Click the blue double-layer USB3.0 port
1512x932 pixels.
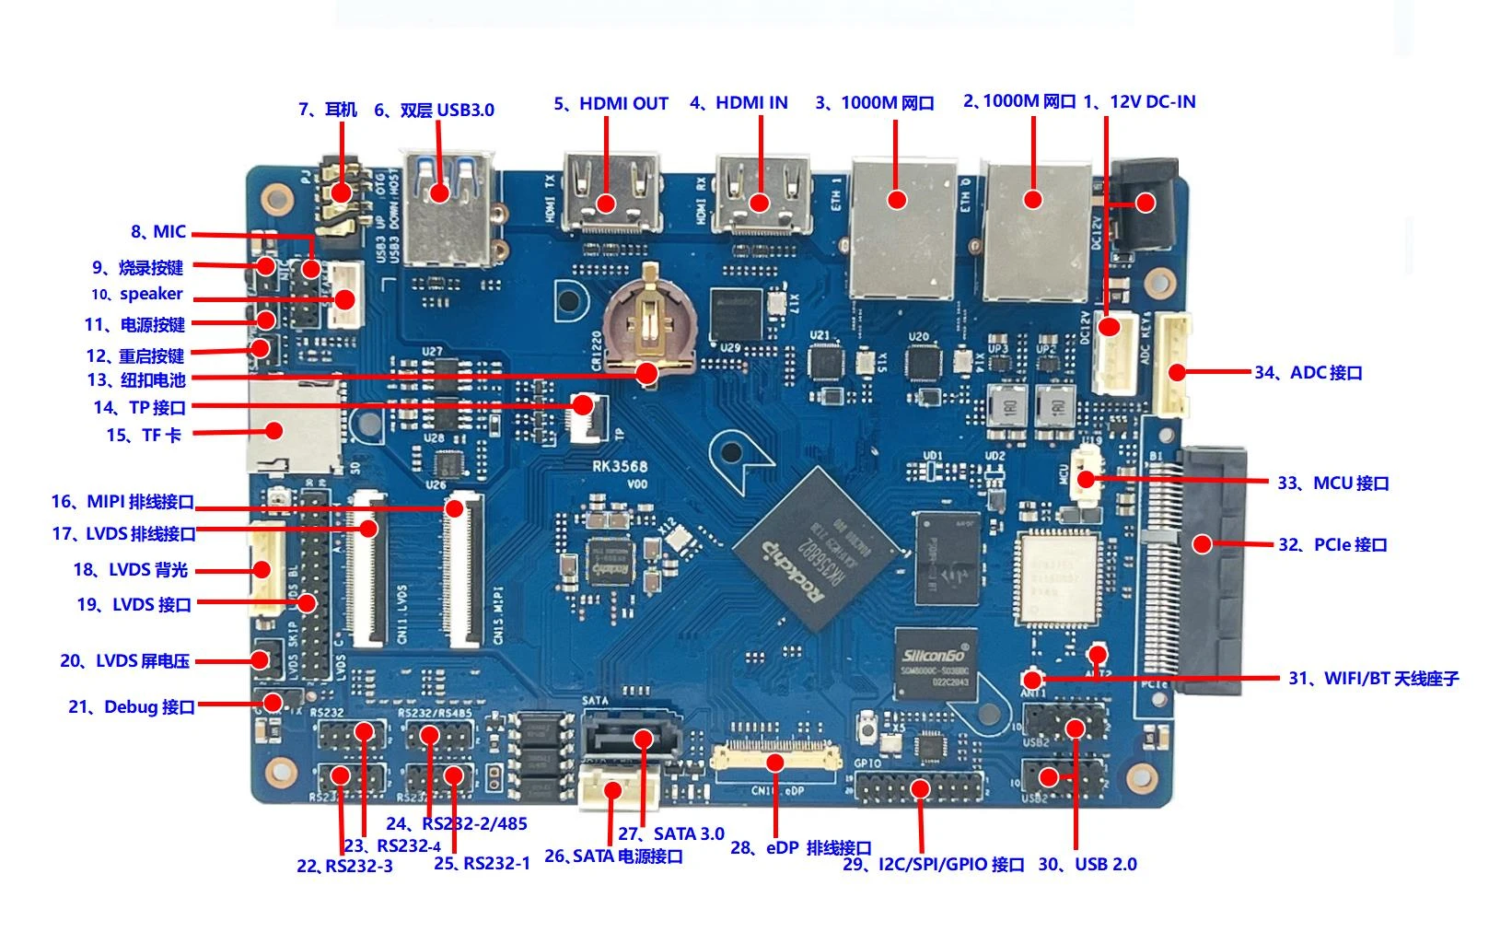[448, 212]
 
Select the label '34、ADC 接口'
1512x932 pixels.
[1308, 373]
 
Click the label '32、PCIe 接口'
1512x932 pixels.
[1332, 545]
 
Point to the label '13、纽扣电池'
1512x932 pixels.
[136, 380]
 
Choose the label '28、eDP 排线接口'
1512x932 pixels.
[800, 847]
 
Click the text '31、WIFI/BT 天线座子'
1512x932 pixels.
[1373, 679]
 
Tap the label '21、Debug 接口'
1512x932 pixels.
[132, 707]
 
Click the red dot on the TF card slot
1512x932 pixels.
[273, 429]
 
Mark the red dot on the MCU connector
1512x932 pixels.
[1087, 479]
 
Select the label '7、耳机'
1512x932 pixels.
[328, 110]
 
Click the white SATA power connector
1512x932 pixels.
[612, 790]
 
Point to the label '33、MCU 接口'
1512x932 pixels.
[1332, 483]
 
